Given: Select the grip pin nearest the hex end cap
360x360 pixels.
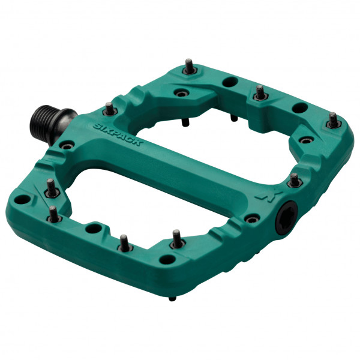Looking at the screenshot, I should [294, 179].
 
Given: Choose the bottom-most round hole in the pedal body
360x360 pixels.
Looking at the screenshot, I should [170, 260].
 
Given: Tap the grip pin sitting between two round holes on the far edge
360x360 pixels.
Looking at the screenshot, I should [259, 93].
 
